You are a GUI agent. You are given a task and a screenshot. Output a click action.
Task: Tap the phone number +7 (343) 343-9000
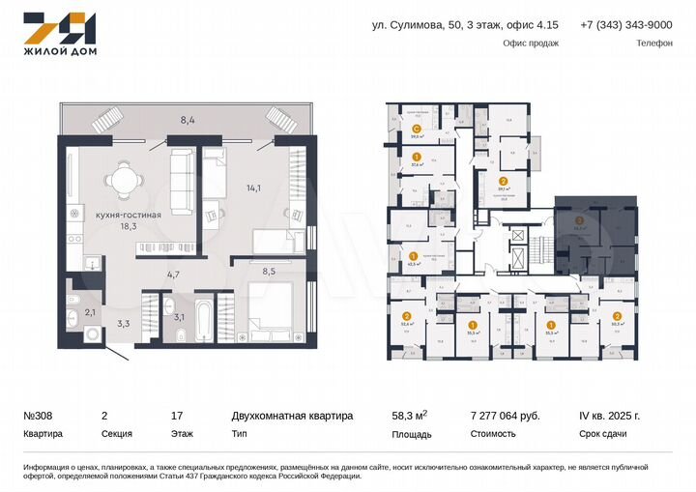[625, 25]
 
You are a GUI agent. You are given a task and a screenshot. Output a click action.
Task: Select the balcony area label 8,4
[188, 121]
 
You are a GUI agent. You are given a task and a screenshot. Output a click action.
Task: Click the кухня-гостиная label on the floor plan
[122, 214]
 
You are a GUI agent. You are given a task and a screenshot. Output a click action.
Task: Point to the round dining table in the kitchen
[121, 179]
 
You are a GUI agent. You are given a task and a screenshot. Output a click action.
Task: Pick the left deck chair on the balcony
[107, 120]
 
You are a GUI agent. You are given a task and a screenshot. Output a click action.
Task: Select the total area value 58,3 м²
[409, 416]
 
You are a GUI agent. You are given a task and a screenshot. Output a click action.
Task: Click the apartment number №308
[39, 416]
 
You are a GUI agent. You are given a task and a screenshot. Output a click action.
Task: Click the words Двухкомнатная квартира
[292, 416]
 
